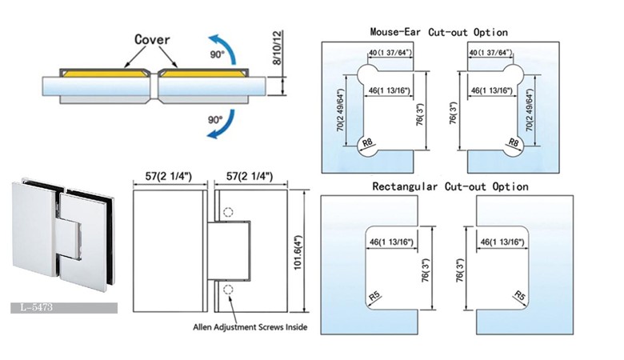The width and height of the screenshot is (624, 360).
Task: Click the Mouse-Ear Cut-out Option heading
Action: click(x=438, y=32)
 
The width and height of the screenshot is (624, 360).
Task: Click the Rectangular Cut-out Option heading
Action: click(x=450, y=186)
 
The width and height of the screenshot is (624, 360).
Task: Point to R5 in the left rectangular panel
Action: click(x=374, y=299)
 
